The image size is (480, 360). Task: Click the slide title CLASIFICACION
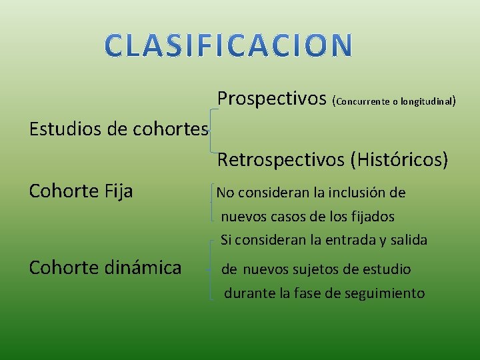pos(229,45)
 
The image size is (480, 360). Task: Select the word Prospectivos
pos(272,100)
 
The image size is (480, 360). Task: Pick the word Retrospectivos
pos(279,160)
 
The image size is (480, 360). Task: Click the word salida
pos(408,239)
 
